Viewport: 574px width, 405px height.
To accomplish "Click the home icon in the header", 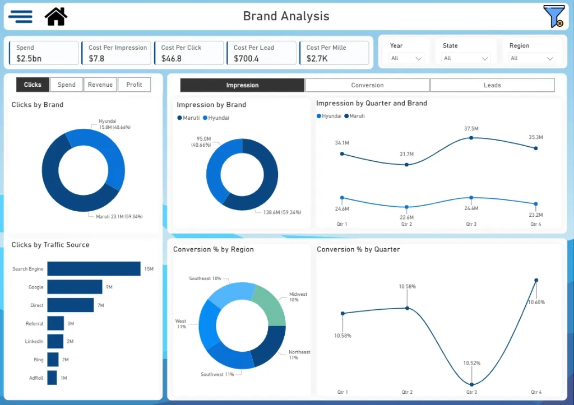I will [x=56, y=16].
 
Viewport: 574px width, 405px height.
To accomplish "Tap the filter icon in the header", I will [x=553, y=16].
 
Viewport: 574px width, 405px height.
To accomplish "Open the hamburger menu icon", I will [x=20, y=16].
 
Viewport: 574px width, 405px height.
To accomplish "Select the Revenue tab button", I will [x=100, y=85].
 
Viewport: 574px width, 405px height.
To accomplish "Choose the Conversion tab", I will [x=367, y=85].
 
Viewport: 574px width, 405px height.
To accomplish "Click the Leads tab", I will [x=492, y=85].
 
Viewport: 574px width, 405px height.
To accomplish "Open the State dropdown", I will [x=466, y=58].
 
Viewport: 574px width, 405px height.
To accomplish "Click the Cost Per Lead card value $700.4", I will [x=246, y=58].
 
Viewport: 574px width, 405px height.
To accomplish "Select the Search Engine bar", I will [x=94, y=269].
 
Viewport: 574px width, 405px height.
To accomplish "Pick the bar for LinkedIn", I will [x=55, y=341].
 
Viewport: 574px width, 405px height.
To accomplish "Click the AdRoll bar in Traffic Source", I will [x=52, y=378].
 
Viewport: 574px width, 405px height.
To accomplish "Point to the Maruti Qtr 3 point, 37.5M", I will [x=471, y=137].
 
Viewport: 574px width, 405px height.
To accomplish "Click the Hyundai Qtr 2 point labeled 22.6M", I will [x=407, y=207].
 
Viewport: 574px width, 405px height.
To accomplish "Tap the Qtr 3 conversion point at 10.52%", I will [x=472, y=384].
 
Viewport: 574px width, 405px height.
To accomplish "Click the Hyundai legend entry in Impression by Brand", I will [x=216, y=118].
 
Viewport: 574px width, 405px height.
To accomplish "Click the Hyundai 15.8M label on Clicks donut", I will [x=114, y=124].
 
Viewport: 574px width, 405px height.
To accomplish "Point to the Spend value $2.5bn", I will [x=29, y=58].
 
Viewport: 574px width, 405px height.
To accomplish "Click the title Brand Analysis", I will [x=286, y=16].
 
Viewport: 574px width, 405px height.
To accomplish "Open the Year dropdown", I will [x=406, y=58].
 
